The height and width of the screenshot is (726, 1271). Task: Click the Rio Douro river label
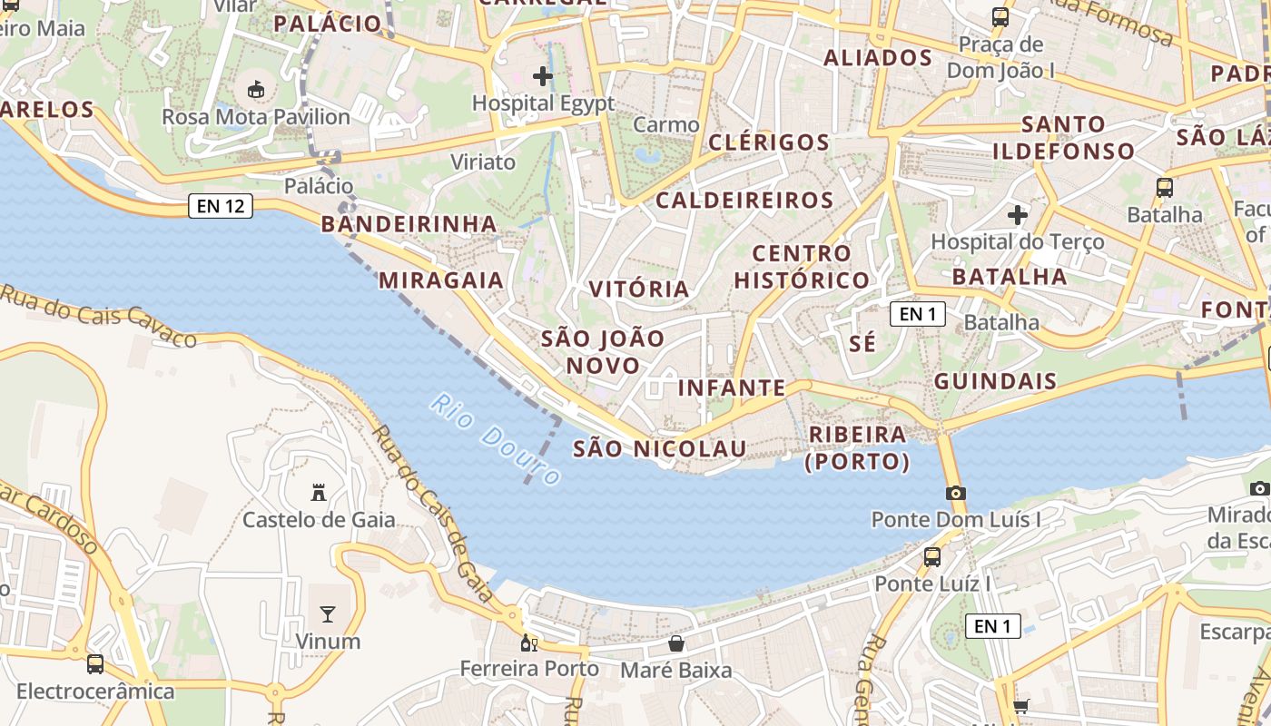tap(496, 439)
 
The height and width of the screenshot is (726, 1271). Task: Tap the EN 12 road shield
tap(220, 206)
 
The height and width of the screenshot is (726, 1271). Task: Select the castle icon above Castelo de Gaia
tap(319, 493)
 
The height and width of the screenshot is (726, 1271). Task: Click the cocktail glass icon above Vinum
tap(328, 614)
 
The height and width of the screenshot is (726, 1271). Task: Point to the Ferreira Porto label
tap(529, 669)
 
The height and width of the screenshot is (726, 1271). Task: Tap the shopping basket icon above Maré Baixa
tap(676, 644)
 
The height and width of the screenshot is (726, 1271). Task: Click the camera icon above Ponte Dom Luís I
tap(955, 494)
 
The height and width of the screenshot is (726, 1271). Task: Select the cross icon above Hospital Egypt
tap(543, 76)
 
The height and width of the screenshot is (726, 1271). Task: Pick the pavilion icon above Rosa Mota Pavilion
tap(256, 90)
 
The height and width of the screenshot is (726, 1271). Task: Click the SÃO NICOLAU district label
tap(659, 448)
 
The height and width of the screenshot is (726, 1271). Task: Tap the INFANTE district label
tap(732, 388)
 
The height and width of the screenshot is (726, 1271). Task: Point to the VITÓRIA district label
tap(639, 289)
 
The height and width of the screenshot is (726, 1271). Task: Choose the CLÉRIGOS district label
tap(769, 142)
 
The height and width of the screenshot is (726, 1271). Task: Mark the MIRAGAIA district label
tap(441, 280)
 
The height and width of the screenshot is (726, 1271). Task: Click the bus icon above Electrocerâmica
tap(95, 664)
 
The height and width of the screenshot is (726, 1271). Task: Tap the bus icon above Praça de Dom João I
tap(1000, 16)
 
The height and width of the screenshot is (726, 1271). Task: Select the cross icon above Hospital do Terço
tap(1018, 215)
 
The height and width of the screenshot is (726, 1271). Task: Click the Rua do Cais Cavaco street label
tap(98, 317)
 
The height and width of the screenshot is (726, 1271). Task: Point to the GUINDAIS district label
tap(995, 381)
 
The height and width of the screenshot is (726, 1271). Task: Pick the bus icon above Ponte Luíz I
tap(932, 557)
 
